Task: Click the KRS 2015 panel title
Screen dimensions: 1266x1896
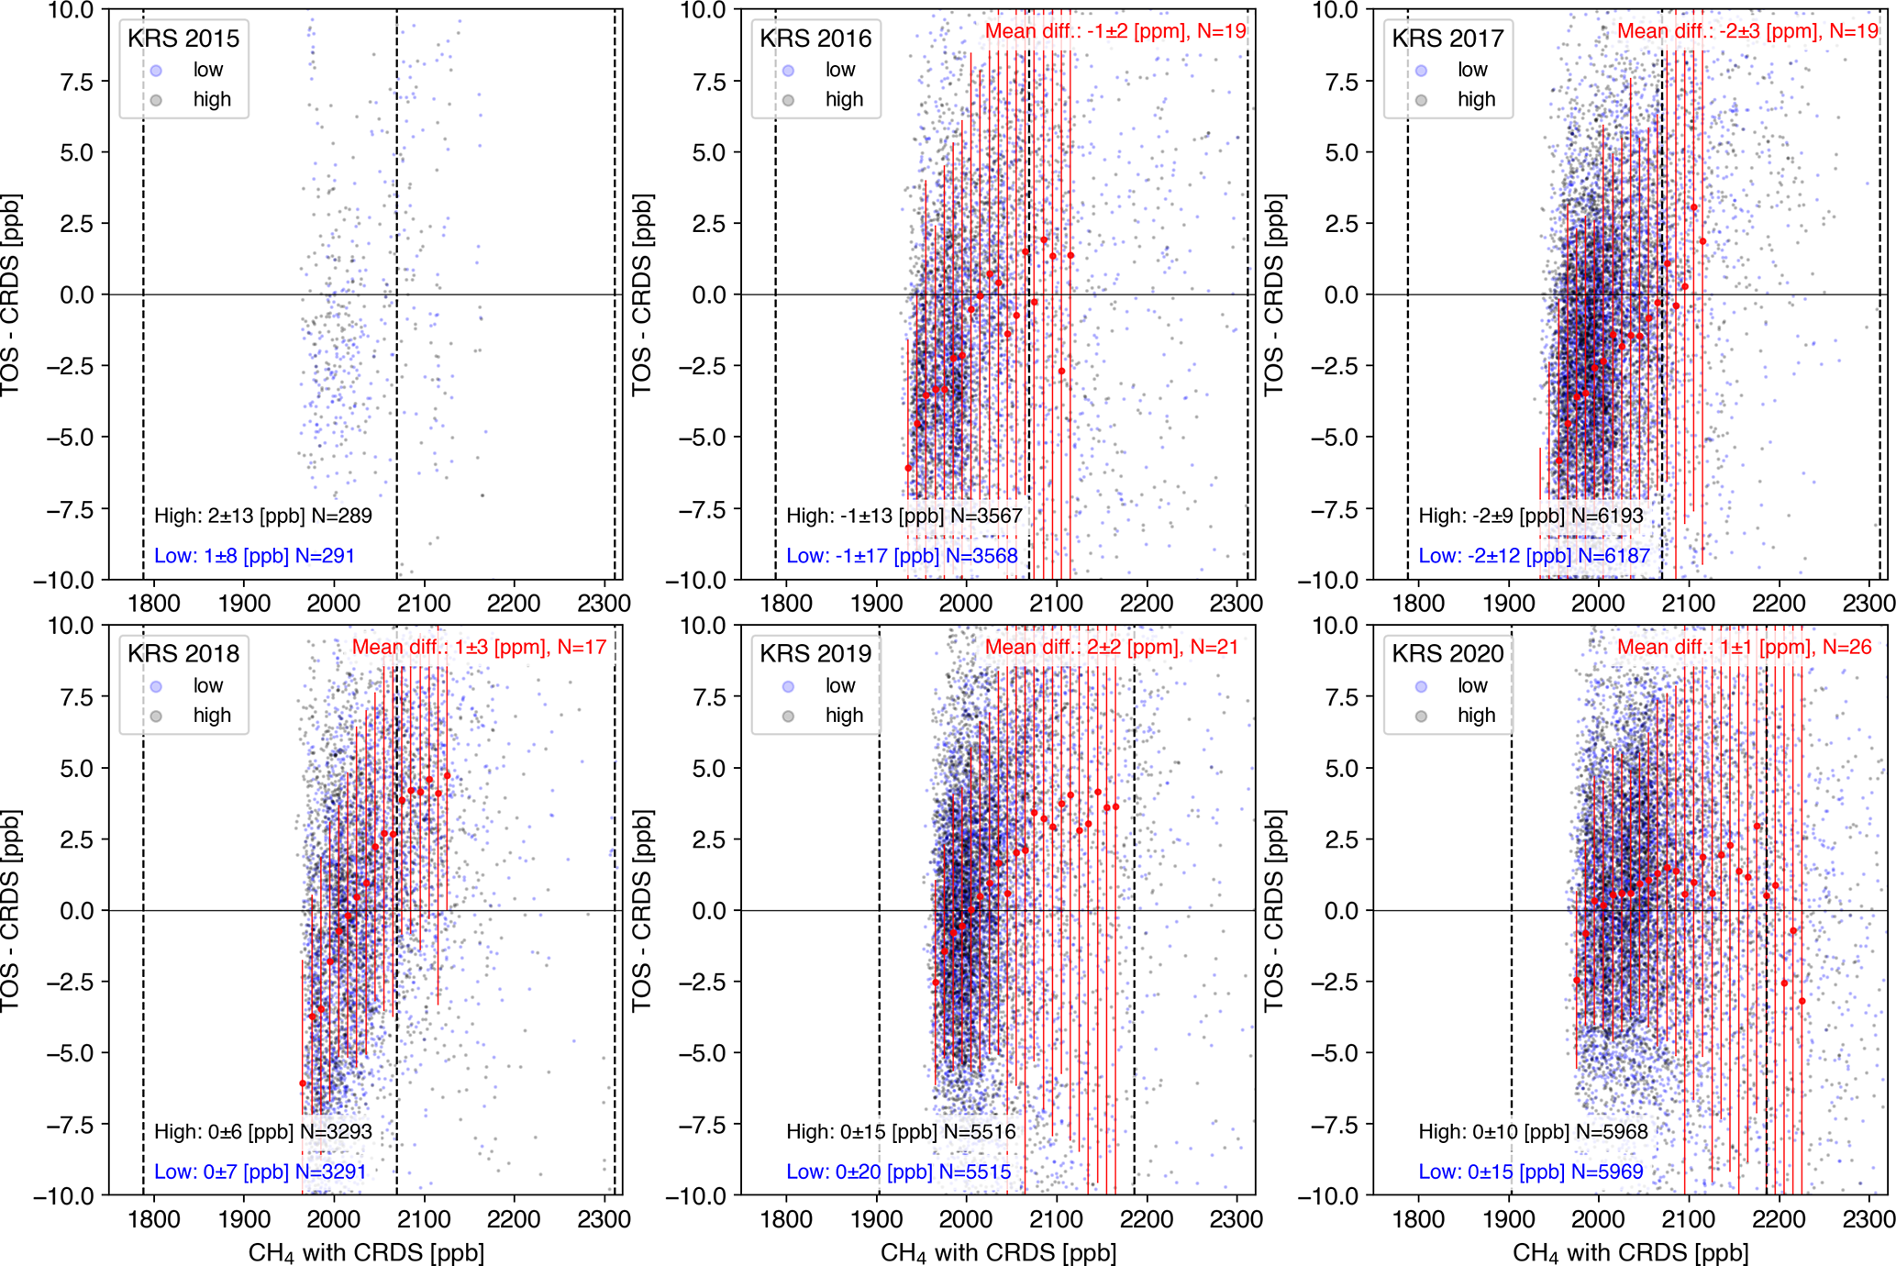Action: pos(183,39)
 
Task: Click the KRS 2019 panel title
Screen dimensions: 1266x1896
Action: pos(815,654)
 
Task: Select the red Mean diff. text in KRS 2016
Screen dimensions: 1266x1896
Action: pos(1114,31)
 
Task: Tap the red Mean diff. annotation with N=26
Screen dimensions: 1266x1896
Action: pos(1744,647)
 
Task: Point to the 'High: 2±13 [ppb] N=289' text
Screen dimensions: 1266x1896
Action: pos(262,516)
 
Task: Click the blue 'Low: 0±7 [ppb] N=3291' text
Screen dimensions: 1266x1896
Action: pos(260,1172)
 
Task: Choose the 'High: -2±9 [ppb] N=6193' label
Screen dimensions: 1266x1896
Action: pos(1530,516)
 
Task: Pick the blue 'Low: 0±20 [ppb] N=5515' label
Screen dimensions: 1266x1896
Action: pos(898,1172)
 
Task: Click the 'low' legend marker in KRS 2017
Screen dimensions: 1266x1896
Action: pos(1421,71)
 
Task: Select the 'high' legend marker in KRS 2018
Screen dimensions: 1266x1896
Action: pos(156,716)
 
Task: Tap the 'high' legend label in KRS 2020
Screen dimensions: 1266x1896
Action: pos(1476,716)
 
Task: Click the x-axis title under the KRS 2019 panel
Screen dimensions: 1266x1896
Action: pos(998,1252)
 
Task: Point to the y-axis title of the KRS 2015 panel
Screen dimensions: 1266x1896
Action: pos(11,294)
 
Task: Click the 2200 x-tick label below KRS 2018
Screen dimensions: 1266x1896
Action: pos(514,1219)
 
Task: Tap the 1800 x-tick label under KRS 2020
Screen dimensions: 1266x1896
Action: pos(1418,1219)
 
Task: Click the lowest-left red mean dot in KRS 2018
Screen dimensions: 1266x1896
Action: pos(303,1083)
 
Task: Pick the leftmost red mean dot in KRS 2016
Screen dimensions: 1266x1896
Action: pos(908,468)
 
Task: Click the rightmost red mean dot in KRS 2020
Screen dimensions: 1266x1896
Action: pos(1802,1001)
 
